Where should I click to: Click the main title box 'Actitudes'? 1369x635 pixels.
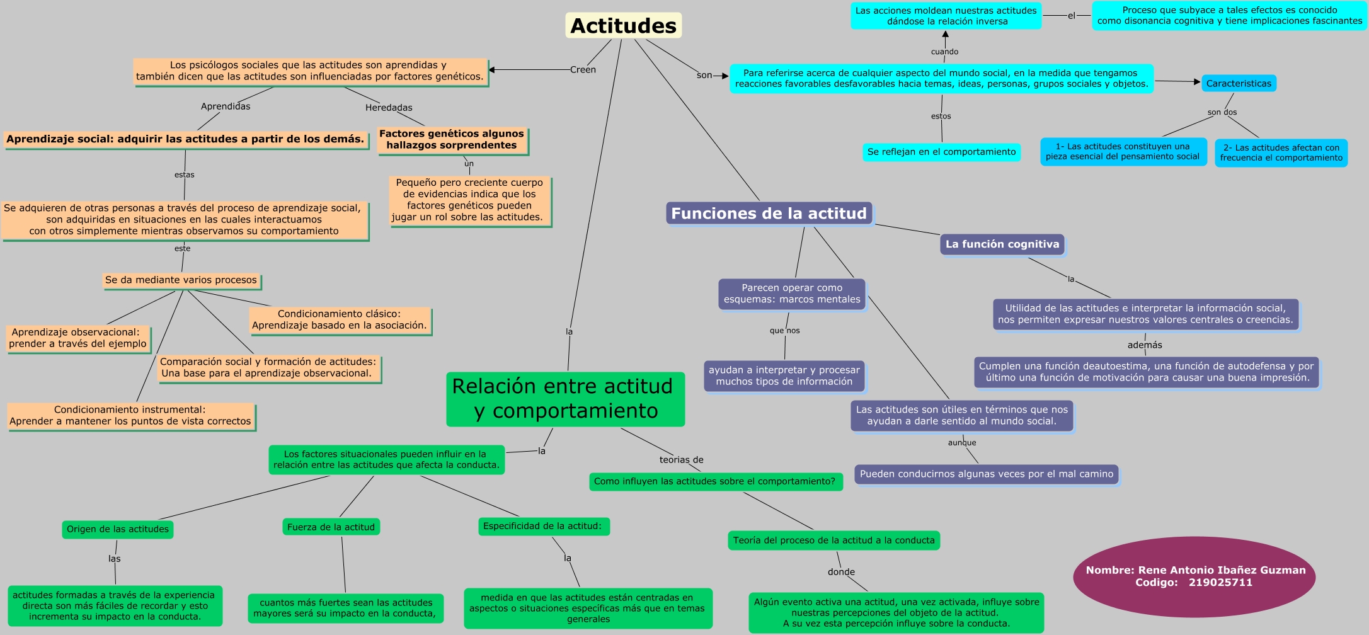click(x=623, y=26)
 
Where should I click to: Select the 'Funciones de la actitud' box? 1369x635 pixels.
click(x=769, y=214)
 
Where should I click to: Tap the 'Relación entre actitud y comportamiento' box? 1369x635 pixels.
click(x=565, y=399)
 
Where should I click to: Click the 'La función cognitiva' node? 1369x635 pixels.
click(x=1002, y=244)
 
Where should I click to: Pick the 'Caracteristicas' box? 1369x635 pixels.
click(x=1238, y=83)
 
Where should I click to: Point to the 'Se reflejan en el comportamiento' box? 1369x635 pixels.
click(x=941, y=152)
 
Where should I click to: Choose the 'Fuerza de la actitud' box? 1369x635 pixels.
click(x=331, y=527)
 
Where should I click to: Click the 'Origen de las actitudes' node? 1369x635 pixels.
click(x=118, y=529)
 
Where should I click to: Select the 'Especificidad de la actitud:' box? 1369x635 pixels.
click(x=542, y=526)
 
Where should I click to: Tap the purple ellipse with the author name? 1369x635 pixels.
click(x=1194, y=576)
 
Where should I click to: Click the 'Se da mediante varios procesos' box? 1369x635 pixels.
click(x=181, y=280)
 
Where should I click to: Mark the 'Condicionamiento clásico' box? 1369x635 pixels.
click(x=340, y=319)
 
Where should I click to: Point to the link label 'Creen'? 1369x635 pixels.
click(x=583, y=70)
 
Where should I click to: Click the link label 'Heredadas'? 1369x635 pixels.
click(x=389, y=108)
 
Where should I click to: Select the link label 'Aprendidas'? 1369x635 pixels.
click(x=226, y=106)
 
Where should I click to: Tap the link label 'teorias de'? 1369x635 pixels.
click(x=681, y=460)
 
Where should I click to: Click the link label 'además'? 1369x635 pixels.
click(x=1144, y=345)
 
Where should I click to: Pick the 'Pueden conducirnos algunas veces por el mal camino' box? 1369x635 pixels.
click(x=986, y=474)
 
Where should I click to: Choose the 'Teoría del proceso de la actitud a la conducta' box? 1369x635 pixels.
click(x=833, y=541)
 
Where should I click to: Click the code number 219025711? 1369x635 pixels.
click(x=1220, y=583)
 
